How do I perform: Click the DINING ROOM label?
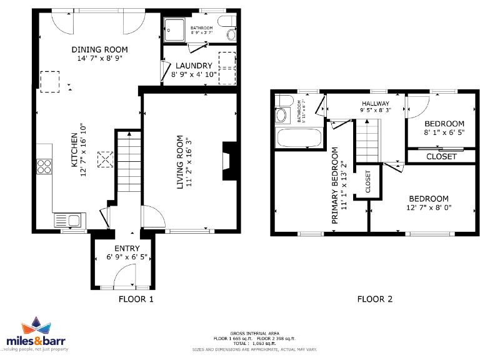tap(99, 50)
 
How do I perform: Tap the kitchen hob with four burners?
tap(44, 166)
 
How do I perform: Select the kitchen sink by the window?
tap(69, 220)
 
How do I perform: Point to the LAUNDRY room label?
tap(194, 66)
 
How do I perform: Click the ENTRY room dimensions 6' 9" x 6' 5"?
tap(127, 257)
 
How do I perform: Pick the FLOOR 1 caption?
tap(136, 299)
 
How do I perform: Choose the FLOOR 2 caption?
tap(374, 299)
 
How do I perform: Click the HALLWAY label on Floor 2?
tap(375, 104)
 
